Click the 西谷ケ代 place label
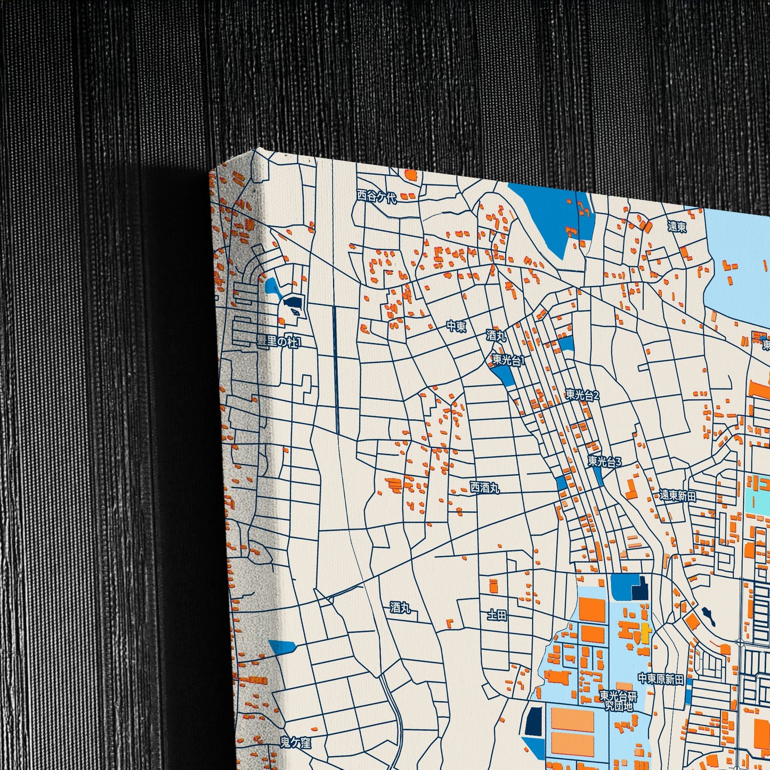(x=377, y=197)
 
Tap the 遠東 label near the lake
(x=677, y=226)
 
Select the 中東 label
(x=456, y=326)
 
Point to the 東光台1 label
(x=508, y=360)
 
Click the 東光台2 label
(x=582, y=395)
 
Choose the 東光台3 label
(x=605, y=461)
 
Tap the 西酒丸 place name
(x=484, y=487)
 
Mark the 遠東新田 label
(x=677, y=495)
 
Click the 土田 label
(x=497, y=615)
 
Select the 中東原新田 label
(x=661, y=679)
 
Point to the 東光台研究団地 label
(x=618, y=701)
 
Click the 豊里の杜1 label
(x=279, y=342)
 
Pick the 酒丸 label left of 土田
(x=400, y=607)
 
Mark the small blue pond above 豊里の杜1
(x=271, y=287)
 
